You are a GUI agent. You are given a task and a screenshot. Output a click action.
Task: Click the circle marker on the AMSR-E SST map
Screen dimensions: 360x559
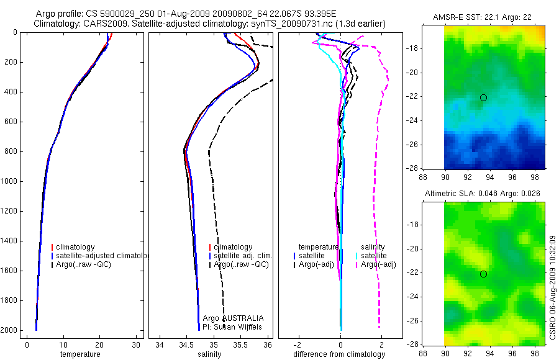(x=483, y=97)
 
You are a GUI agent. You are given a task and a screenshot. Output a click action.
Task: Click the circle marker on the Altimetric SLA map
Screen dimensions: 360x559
(x=483, y=274)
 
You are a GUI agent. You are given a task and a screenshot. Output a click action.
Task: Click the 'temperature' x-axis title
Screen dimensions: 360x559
(x=80, y=354)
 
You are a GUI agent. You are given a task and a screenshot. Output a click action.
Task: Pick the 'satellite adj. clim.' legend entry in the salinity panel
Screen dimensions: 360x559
(x=243, y=256)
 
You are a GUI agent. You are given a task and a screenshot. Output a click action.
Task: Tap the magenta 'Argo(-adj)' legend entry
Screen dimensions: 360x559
(x=378, y=264)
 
